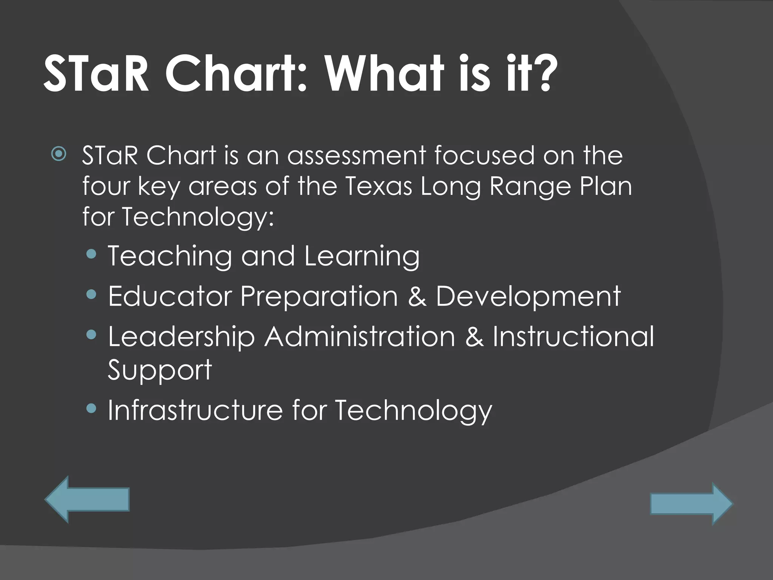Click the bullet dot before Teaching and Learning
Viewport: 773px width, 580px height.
(91, 254)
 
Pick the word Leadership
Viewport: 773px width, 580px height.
(181, 337)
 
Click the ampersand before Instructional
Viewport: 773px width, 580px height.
(474, 337)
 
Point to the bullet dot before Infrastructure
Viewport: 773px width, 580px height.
(91, 408)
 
